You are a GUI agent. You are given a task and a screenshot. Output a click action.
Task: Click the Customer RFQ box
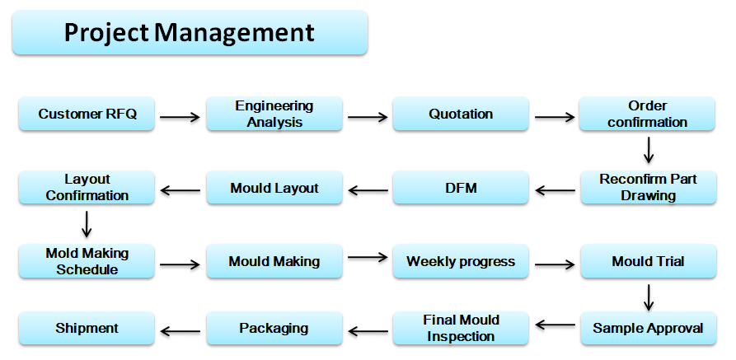pyautogui.click(x=87, y=114)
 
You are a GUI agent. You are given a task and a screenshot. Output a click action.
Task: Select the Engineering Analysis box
pyautogui.click(x=274, y=114)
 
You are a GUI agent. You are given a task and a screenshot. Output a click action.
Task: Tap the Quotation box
pyautogui.click(x=461, y=114)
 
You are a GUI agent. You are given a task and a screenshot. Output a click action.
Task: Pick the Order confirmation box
pyautogui.click(x=647, y=114)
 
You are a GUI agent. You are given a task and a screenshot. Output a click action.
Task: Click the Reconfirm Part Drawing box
pyautogui.click(x=649, y=187)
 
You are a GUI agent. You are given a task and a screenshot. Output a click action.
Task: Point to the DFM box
pyautogui.click(x=461, y=187)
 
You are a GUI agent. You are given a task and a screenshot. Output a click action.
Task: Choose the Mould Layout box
pyautogui.click(x=274, y=187)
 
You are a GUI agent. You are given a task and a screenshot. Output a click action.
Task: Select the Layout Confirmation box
pyautogui.click(x=87, y=187)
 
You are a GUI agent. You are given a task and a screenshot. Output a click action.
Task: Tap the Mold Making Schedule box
pyautogui.click(x=87, y=261)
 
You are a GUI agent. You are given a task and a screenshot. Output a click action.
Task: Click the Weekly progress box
pyautogui.click(x=461, y=261)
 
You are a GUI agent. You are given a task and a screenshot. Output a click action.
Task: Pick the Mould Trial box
pyautogui.click(x=649, y=261)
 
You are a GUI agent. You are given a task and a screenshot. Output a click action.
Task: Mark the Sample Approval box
pyautogui.click(x=649, y=328)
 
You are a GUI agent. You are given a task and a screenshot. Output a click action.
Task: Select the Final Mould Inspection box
pyautogui.click(x=461, y=328)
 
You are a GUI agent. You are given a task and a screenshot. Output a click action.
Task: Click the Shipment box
pyautogui.click(x=87, y=328)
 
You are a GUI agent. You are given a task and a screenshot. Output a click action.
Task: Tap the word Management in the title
pyautogui.click(x=234, y=33)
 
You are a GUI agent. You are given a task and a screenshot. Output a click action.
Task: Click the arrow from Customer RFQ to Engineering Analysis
pyautogui.click(x=180, y=117)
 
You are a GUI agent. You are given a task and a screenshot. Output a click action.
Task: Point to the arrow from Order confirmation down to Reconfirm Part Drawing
pyautogui.click(x=649, y=150)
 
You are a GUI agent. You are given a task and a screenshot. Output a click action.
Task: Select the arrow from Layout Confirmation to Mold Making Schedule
pyautogui.click(x=87, y=224)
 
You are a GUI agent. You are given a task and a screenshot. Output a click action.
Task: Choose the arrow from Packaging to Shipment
pyautogui.click(x=180, y=331)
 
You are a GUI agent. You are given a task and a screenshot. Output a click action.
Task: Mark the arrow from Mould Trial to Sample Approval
pyautogui.click(x=649, y=297)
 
